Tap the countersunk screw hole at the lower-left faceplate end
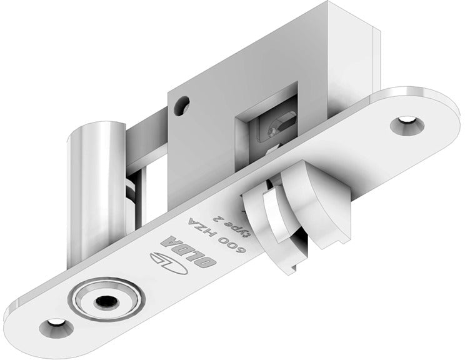(x=54, y=326)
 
